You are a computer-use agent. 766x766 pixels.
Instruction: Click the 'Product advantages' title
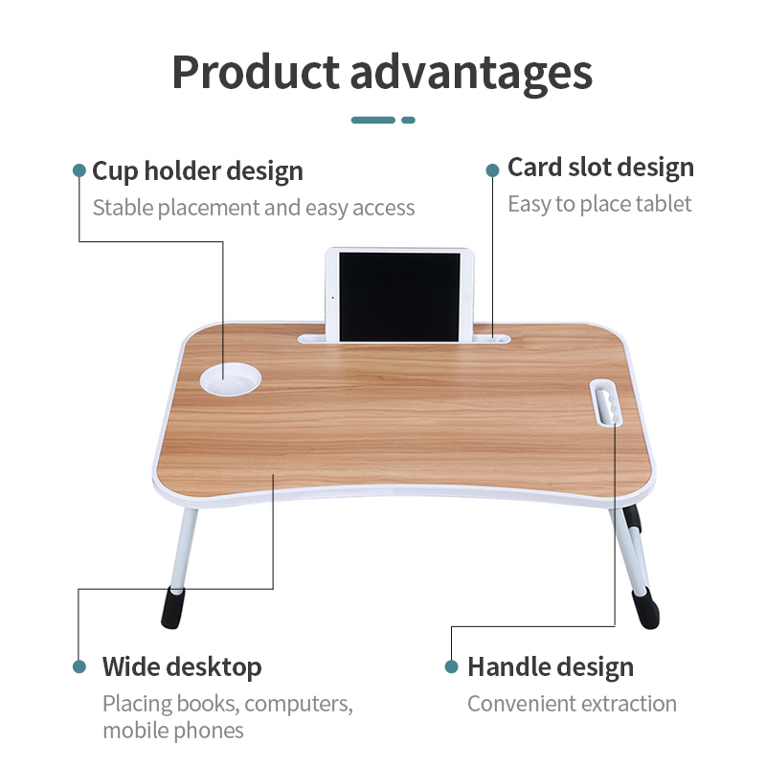[x=382, y=72]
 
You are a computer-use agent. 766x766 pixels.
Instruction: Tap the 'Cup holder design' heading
[x=197, y=171]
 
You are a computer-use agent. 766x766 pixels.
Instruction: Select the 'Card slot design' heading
[x=600, y=168]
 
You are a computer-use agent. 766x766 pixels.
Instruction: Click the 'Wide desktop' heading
[x=182, y=666]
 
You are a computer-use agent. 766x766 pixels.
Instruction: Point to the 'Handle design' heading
[x=551, y=667]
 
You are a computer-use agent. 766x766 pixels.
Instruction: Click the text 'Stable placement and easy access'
[x=254, y=208]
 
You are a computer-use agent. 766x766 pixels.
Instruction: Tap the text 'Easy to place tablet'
[x=599, y=204]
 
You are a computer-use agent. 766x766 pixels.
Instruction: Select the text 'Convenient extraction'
[x=572, y=704]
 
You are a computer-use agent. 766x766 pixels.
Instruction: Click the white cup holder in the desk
[x=230, y=378]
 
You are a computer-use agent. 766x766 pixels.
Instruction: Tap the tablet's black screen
[x=400, y=295]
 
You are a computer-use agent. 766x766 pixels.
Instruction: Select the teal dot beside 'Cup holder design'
[x=79, y=170]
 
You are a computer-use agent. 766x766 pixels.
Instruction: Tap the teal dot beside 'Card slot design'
[x=492, y=169]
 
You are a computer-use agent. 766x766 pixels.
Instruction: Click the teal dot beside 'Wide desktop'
[x=79, y=666]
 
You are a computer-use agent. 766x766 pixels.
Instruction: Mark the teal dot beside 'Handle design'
[x=451, y=666]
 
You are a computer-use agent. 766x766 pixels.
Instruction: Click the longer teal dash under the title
[x=373, y=120]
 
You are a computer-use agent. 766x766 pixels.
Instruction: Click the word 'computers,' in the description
[x=299, y=704]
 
